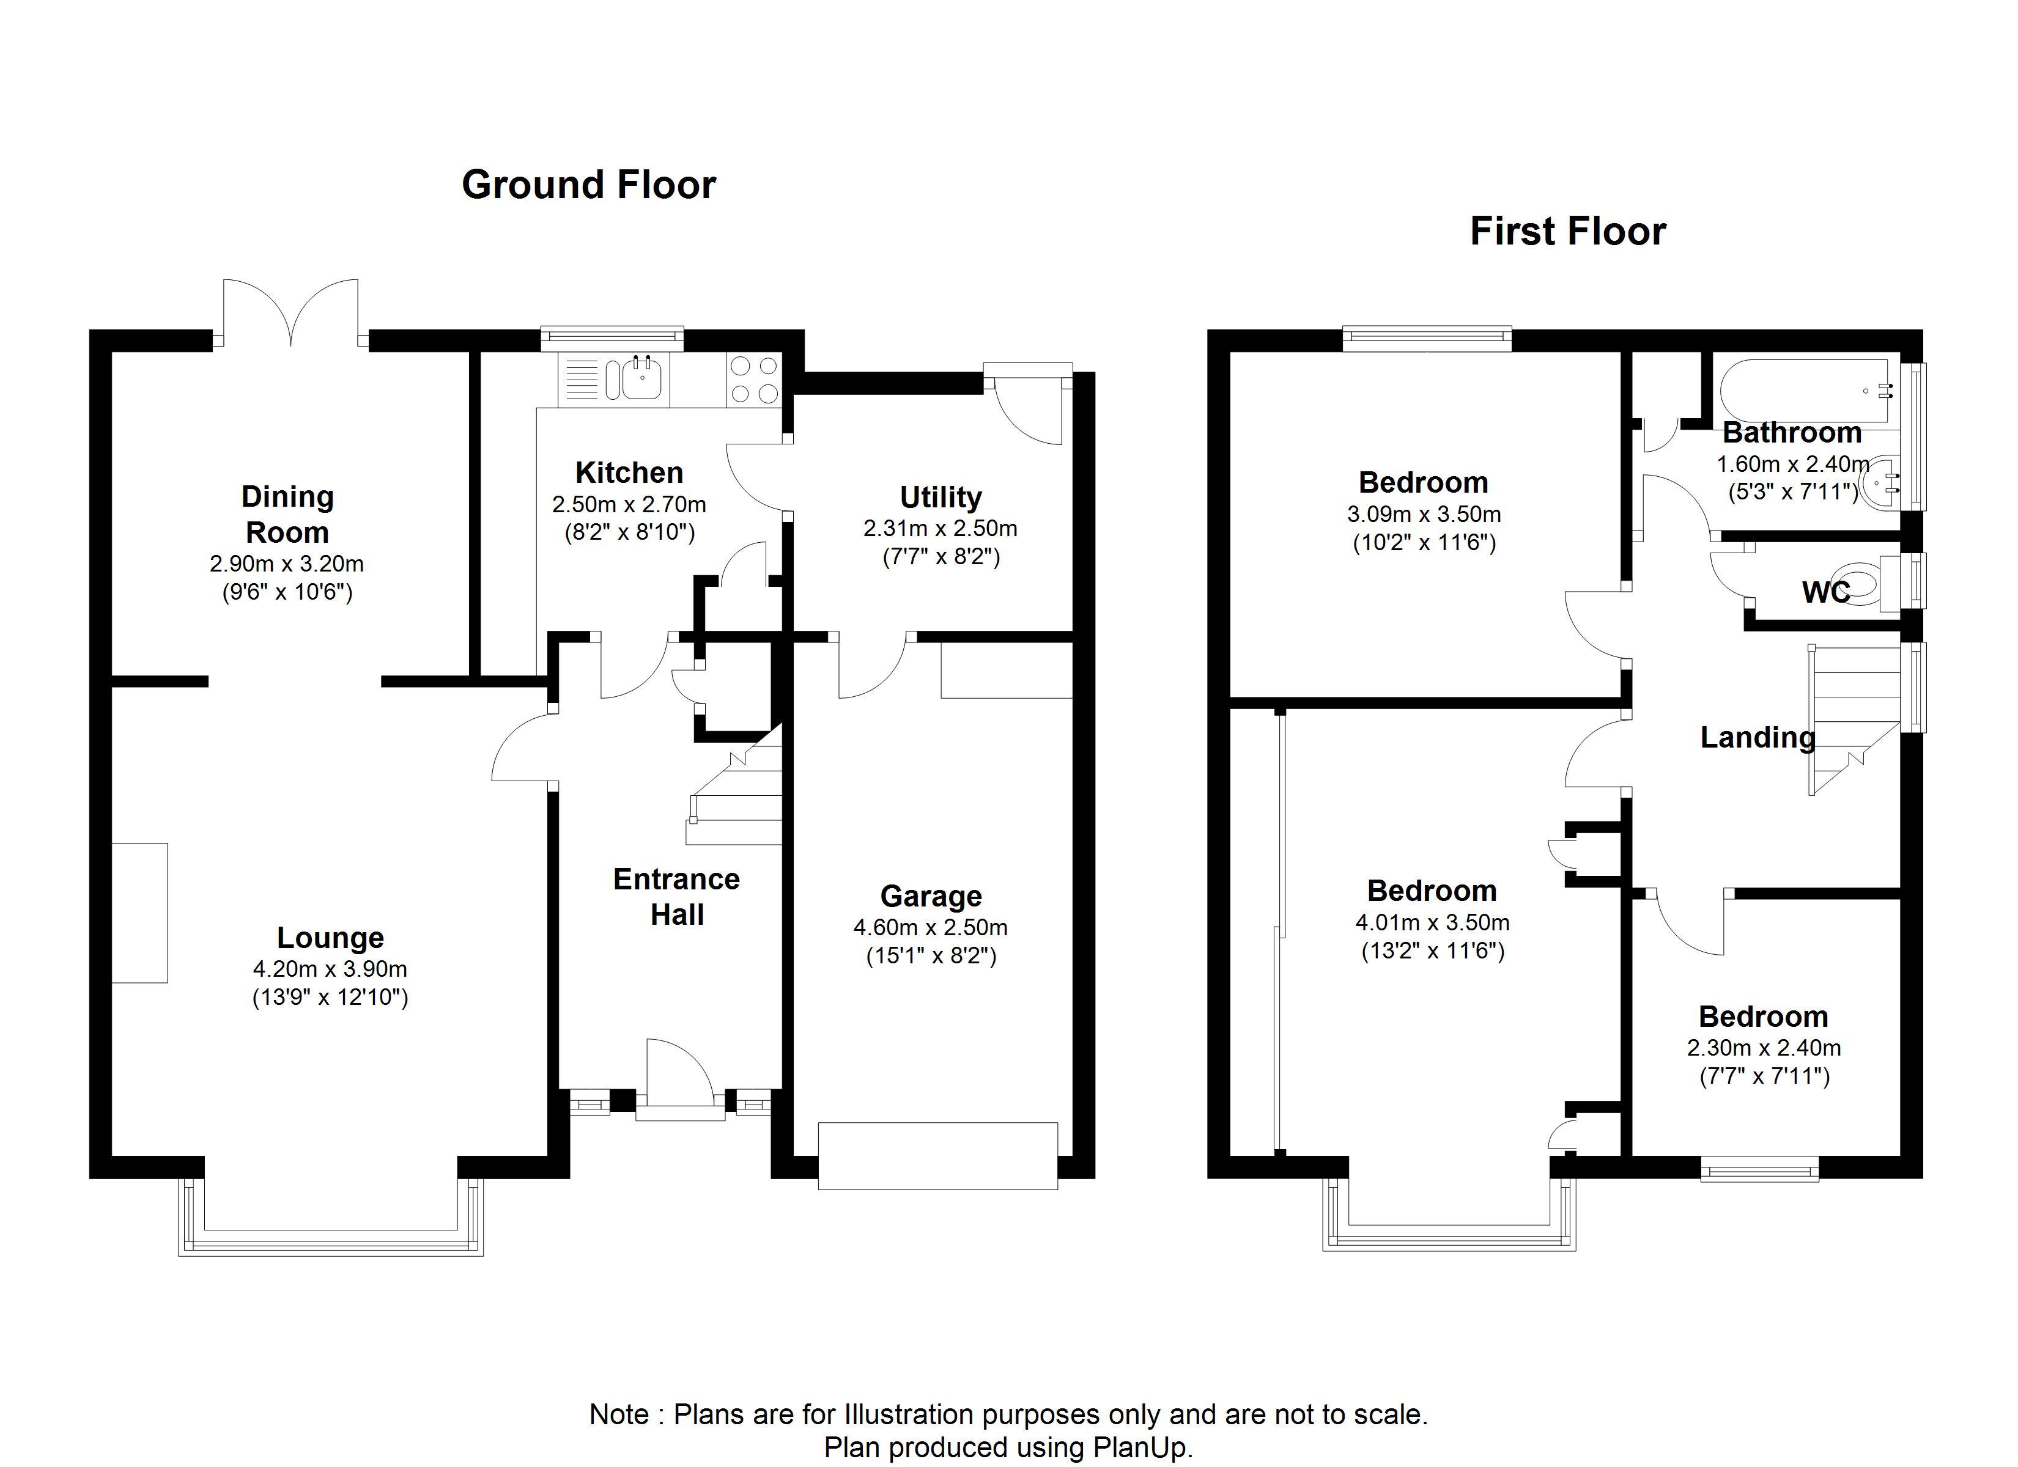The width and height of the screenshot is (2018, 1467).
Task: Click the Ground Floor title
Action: tap(588, 185)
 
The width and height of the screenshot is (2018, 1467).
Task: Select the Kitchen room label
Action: tap(629, 472)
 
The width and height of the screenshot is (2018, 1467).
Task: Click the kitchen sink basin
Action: tap(641, 379)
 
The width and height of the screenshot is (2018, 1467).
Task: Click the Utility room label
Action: tap(941, 496)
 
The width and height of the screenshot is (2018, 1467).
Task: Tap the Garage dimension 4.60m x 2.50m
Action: tap(931, 927)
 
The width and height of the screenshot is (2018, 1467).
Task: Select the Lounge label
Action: tap(330, 937)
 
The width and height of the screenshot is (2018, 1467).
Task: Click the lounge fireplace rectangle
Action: tap(139, 913)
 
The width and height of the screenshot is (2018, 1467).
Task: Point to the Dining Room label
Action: tap(287, 514)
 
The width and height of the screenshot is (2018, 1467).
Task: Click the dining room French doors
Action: tap(291, 311)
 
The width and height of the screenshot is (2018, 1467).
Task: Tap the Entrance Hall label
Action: tap(677, 897)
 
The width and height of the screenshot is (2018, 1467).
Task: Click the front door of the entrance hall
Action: tap(680, 1078)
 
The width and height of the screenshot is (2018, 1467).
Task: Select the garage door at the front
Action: tap(938, 1156)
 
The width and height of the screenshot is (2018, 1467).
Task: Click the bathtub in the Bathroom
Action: tap(1806, 392)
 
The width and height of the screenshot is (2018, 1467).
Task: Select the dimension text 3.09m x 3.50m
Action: tap(1424, 514)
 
